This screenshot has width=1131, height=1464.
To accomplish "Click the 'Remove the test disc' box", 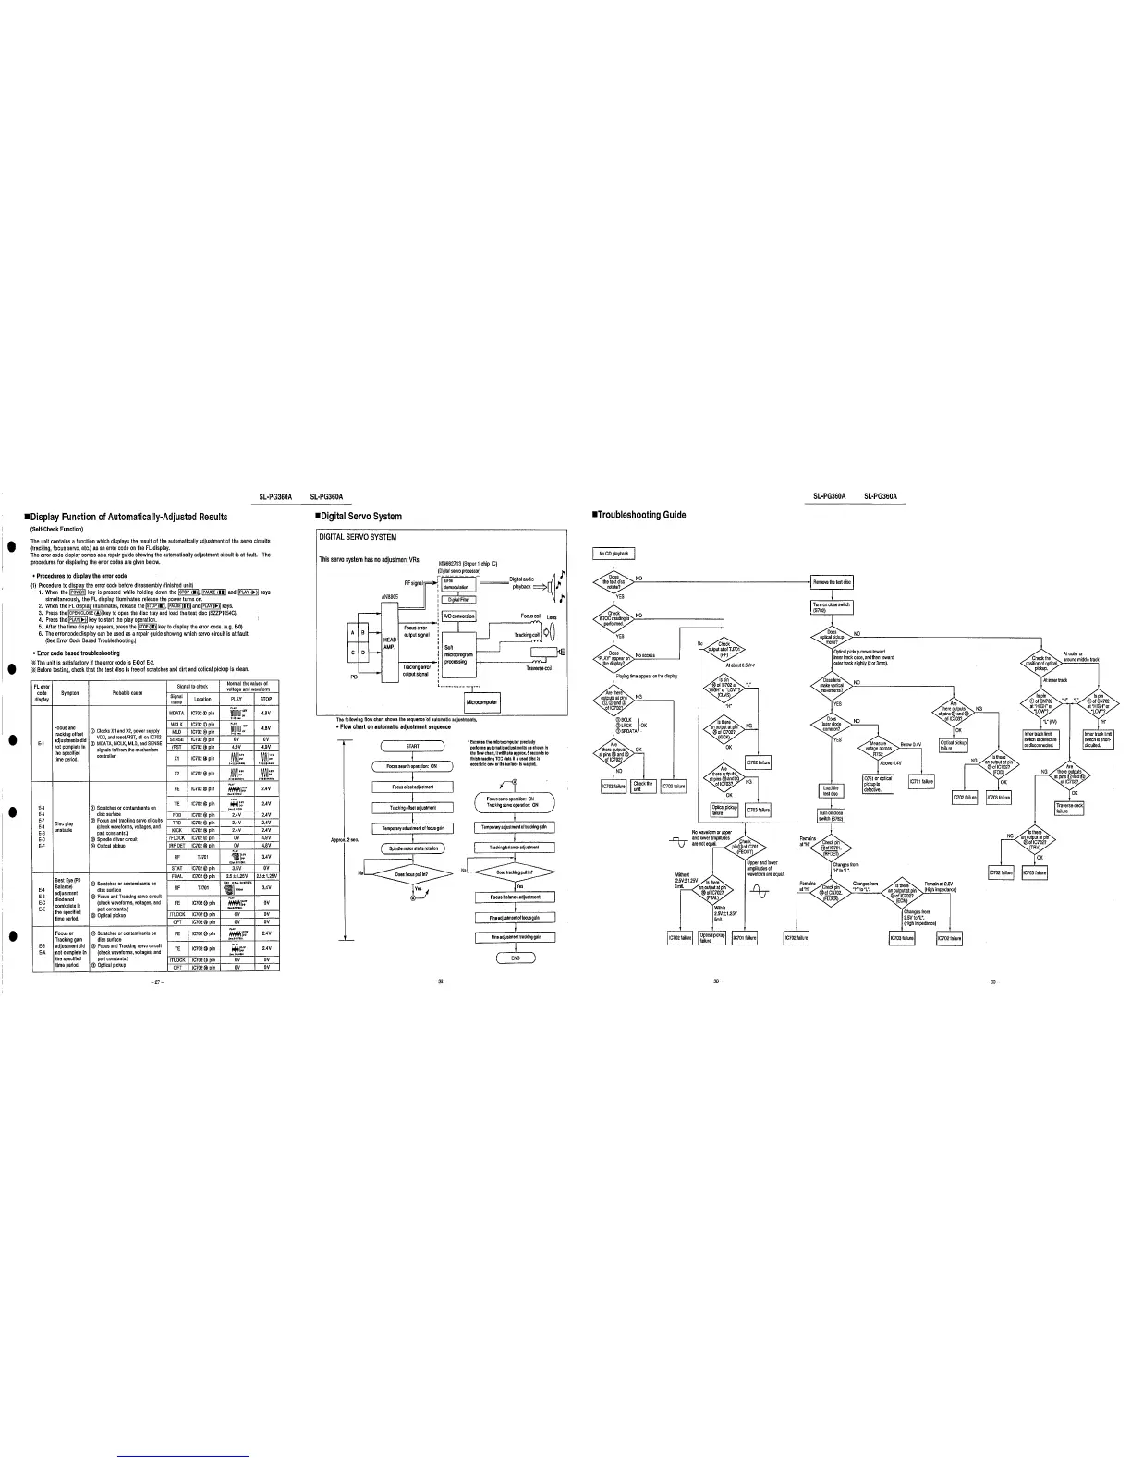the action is click(833, 582).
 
